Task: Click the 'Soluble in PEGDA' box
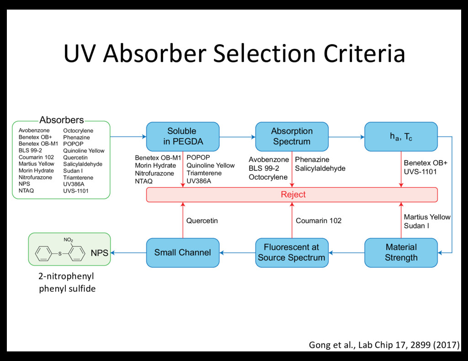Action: (x=182, y=136)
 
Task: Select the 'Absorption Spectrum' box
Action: (x=292, y=136)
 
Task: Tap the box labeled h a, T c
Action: (x=401, y=136)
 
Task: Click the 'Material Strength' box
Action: (x=401, y=252)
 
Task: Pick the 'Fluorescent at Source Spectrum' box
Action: (x=292, y=252)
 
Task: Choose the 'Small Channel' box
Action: (x=182, y=252)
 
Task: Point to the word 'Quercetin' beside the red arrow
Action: (x=202, y=221)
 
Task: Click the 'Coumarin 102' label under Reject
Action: (x=319, y=221)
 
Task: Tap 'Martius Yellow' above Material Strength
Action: (x=427, y=217)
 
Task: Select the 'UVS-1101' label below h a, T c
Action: (x=420, y=172)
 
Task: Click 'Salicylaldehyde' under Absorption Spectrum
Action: (x=320, y=168)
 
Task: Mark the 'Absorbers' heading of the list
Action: (x=61, y=120)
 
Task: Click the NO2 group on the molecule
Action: (x=68, y=240)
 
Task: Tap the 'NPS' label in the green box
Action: (x=100, y=253)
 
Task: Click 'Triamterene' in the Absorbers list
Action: (x=78, y=178)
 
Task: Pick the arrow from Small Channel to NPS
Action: (x=128, y=252)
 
